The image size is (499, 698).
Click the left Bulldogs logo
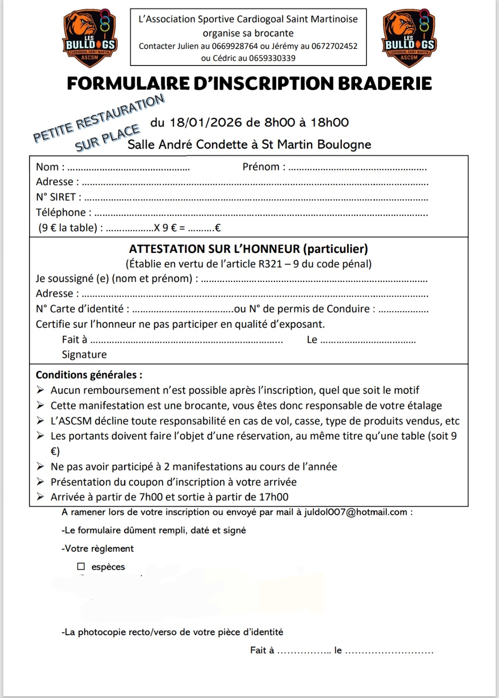pyautogui.click(x=89, y=38)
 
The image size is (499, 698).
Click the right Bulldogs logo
pyautogui.click(x=409, y=38)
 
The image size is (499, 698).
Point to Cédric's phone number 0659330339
pyautogui.click(x=272, y=58)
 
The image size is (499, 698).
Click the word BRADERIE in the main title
pyautogui.click(x=385, y=84)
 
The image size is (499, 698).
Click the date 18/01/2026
pyautogui.click(x=206, y=122)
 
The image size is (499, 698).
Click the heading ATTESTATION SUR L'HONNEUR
pyautogui.click(x=214, y=249)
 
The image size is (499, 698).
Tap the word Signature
pyautogui.click(x=84, y=355)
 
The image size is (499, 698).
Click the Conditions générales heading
pyautogui.click(x=89, y=375)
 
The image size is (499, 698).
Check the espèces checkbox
pyautogui.click(x=81, y=566)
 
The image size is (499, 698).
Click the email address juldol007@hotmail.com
pyautogui.click(x=355, y=512)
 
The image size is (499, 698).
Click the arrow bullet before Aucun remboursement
pyautogui.click(x=41, y=390)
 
